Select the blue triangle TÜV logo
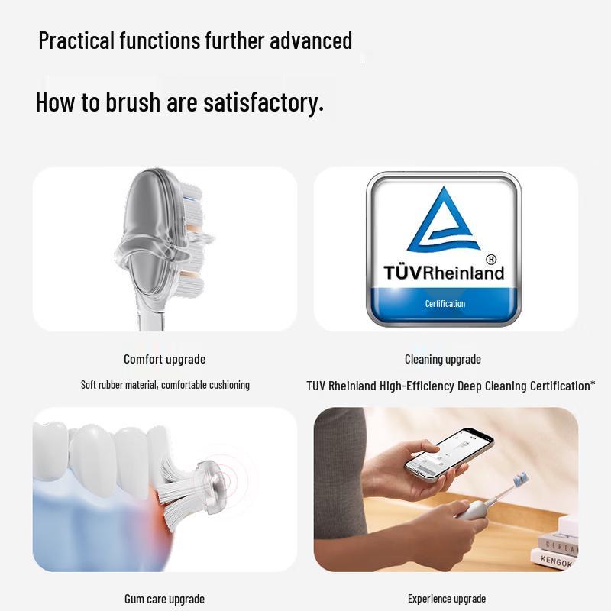coord(444,221)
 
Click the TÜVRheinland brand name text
coord(444,273)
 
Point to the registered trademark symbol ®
coord(491,260)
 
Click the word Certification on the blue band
coord(445,304)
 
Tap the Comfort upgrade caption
coord(165,359)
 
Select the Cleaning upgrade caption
coord(443,359)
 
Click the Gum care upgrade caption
coord(164,600)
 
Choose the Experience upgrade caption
coord(447,599)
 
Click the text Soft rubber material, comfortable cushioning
coord(165,385)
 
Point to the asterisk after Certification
coord(593,383)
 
